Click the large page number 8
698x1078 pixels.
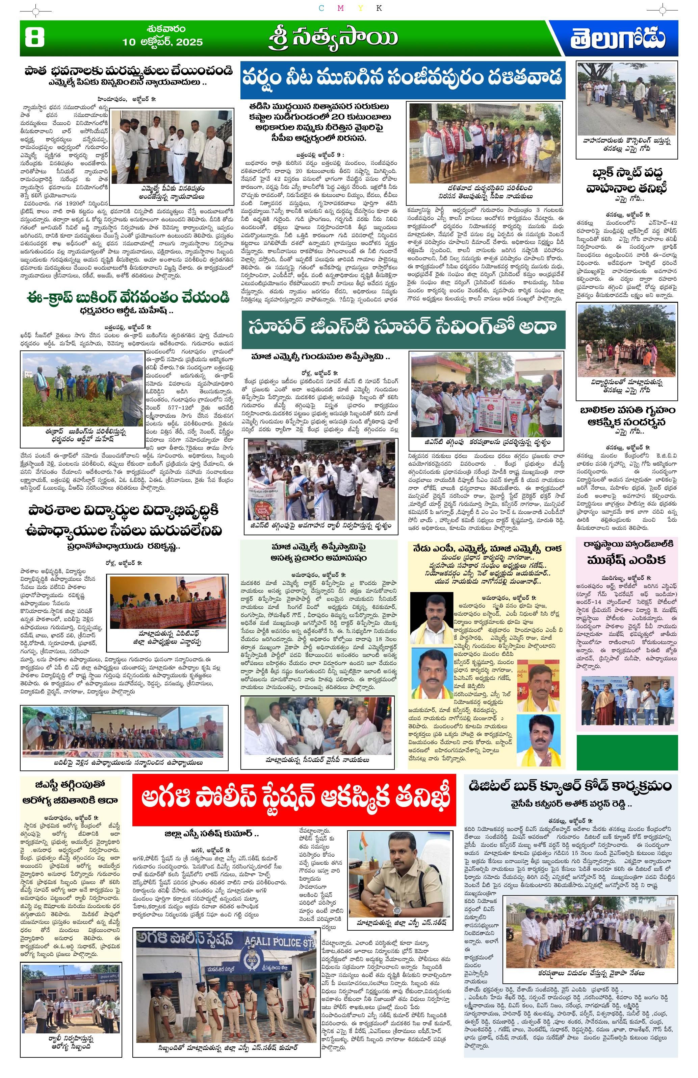(34, 39)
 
